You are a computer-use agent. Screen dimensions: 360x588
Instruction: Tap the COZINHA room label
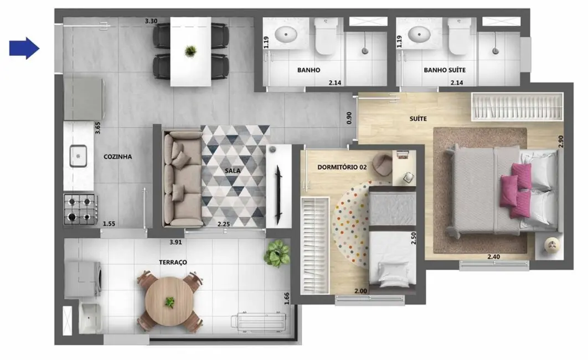coord(118,157)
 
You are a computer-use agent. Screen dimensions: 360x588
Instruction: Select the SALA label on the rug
coord(233,171)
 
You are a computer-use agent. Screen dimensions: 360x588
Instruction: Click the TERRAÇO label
coord(172,262)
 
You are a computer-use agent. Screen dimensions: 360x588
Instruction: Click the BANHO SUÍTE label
coord(445,70)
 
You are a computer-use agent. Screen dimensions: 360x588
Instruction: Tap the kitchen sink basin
coord(78,156)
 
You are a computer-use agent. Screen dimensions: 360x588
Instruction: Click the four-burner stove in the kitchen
coord(80,208)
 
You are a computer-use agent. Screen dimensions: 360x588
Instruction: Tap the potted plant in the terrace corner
coord(277,254)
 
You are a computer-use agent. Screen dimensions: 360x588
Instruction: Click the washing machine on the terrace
coord(82,279)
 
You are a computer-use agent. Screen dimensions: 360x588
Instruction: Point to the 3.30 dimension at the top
coord(151,21)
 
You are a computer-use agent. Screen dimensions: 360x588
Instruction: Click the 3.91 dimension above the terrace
coord(176,241)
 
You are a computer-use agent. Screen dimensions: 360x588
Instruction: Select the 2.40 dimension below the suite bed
coord(494,256)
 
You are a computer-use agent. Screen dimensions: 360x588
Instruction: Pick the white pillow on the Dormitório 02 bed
coord(392,272)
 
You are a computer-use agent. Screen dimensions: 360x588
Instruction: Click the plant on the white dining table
coord(190,51)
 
